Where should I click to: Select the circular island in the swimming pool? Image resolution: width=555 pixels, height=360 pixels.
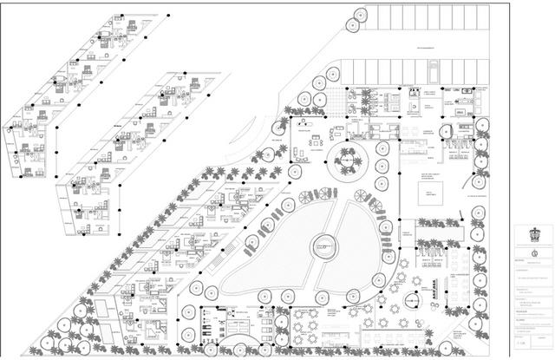click(323, 245)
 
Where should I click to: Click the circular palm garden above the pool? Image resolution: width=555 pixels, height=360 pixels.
click(350, 159)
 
